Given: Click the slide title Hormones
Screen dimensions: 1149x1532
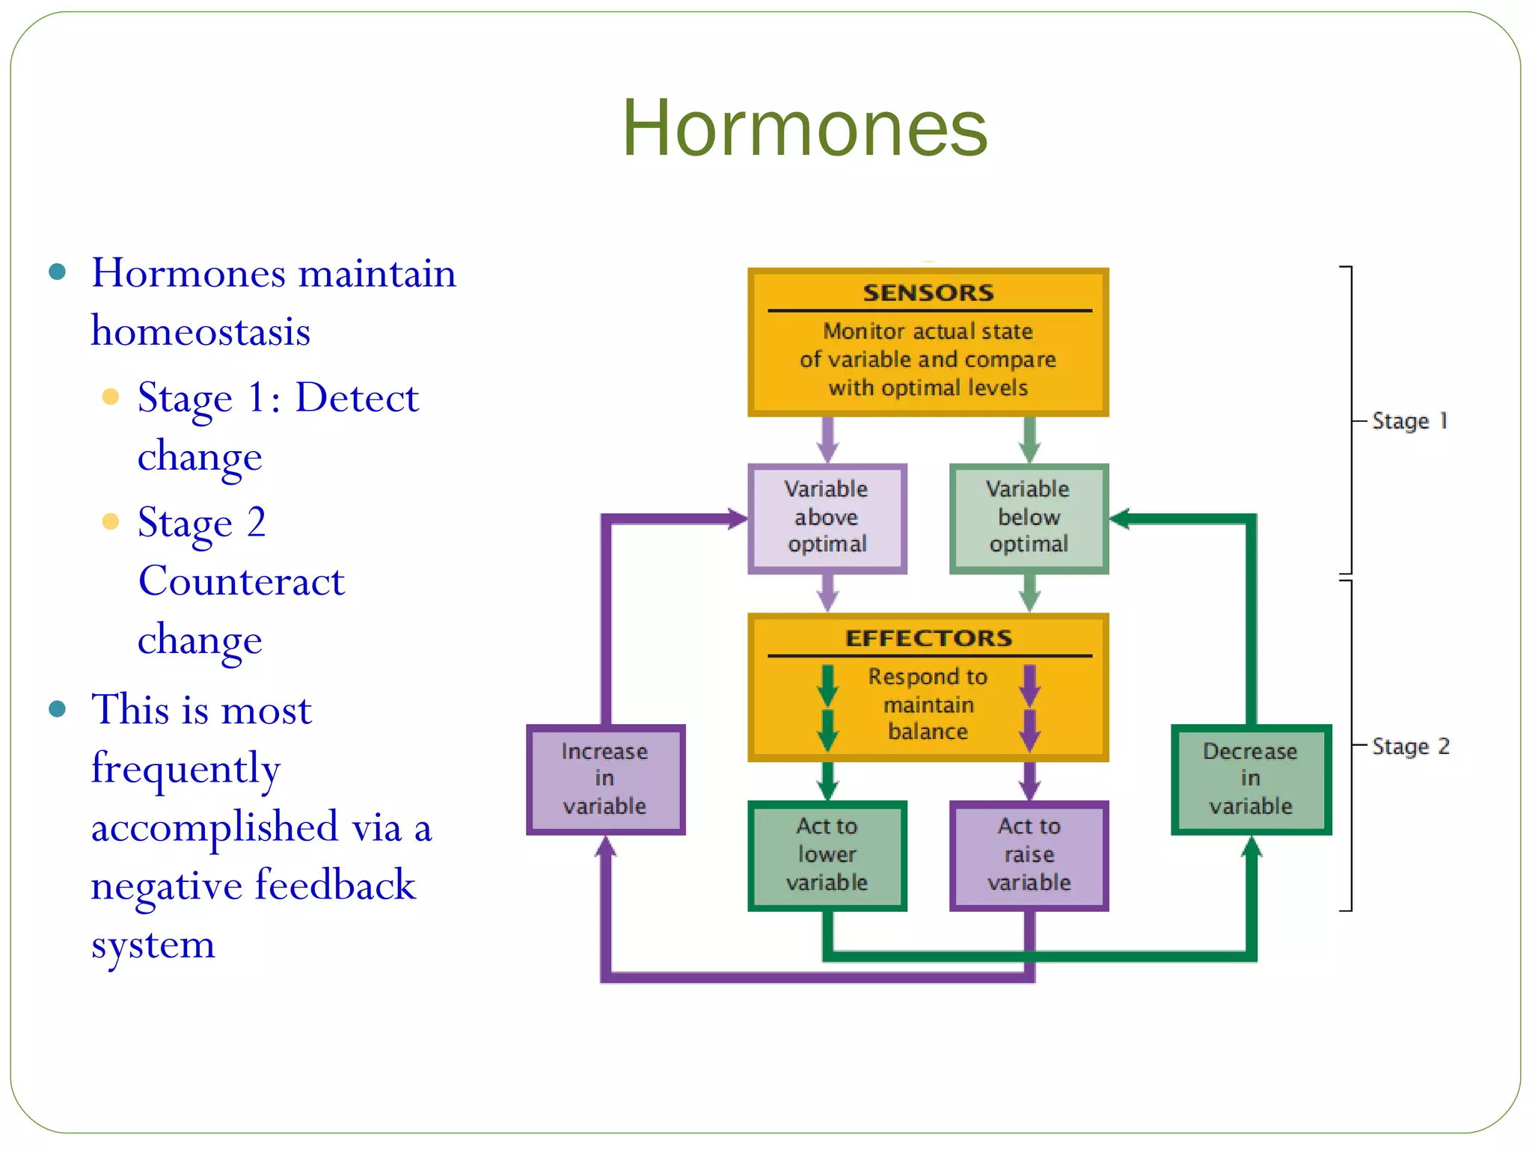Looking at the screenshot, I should [x=805, y=129].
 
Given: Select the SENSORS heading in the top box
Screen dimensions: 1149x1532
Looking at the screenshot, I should [x=928, y=292].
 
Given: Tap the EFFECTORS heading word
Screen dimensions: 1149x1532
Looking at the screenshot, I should [x=928, y=638].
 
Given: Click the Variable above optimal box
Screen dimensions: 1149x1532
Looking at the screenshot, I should [x=827, y=518].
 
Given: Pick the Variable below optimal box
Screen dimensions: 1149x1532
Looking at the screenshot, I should [x=1029, y=518].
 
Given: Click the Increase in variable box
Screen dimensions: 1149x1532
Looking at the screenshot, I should [x=604, y=779].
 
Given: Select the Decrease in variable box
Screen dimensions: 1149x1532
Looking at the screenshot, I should [x=1251, y=779].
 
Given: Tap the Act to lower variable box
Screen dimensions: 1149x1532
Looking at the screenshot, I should [x=827, y=855].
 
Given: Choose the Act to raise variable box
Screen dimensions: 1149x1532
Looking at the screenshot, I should [x=1029, y=855].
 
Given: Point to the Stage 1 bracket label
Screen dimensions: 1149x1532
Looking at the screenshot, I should [x=1410, y=421].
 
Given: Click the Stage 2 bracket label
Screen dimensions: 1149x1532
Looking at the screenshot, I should [x=1410, y=747].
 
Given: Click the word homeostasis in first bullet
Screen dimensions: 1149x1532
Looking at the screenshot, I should [x=200, y=331].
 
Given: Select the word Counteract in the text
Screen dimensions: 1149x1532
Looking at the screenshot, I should [x=241, y=581].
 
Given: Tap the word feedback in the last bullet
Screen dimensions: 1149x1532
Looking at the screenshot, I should [x=335, y=885].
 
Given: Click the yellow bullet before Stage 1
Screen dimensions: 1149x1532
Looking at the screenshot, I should [x=111, y=396].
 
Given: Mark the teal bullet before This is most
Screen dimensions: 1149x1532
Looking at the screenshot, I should [x=58, y=708].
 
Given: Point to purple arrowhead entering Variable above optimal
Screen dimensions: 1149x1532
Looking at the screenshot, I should [x=738, y=518].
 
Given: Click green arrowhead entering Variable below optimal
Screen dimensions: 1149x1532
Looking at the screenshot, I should [x=1119, y=518].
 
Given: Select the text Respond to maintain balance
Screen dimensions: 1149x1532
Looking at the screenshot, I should [x=928, y=705].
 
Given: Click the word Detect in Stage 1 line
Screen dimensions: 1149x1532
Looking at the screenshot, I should [x=357, y=397].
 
